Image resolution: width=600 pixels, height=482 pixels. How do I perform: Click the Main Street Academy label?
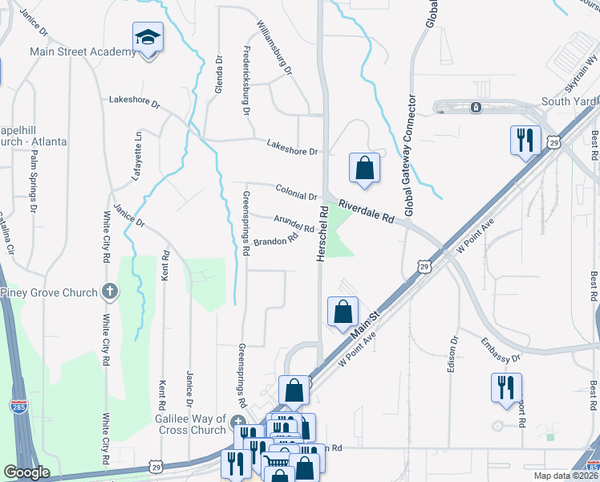point(83,52)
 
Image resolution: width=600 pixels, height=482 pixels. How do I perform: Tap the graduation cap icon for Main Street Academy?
point(148,37)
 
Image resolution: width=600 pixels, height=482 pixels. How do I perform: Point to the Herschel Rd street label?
point(322,233)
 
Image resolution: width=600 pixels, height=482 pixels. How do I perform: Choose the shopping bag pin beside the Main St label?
point(343,311)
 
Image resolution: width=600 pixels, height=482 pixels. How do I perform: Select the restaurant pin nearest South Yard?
point(525,139)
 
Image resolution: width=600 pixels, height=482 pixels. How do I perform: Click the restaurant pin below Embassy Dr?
point(506,387)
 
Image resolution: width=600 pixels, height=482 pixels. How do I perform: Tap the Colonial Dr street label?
point(297,191)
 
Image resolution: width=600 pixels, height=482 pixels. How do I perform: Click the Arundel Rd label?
point(294,223)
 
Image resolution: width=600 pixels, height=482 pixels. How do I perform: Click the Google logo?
point(27,472)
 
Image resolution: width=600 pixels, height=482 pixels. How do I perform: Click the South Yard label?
point(569,101)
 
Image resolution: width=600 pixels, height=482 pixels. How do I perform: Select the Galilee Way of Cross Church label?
point(191,423)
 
